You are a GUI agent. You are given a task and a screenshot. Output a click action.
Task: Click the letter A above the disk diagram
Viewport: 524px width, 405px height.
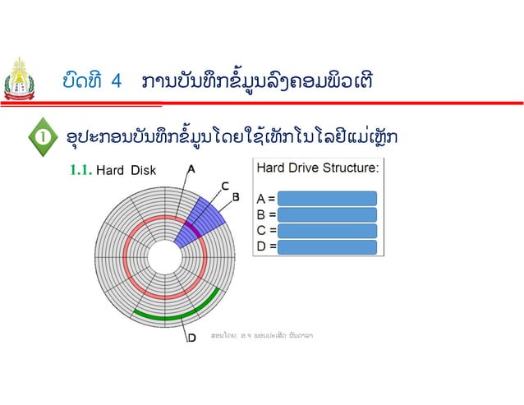[x=191, y=169]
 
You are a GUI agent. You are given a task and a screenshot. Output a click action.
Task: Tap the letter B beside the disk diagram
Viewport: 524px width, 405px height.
[x=235, y=197]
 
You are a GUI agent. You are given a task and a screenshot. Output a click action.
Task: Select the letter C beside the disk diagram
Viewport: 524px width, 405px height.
[x=223, y=186]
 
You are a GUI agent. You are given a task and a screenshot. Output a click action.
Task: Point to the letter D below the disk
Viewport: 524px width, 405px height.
[x=191, y=337]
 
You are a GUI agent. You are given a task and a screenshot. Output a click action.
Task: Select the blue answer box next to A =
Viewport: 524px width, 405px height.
[x=326, y=198]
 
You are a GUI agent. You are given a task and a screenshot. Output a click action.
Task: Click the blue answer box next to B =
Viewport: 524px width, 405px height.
[x=326, y=214]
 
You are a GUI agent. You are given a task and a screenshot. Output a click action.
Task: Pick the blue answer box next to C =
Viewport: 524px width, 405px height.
[x=326, y=230]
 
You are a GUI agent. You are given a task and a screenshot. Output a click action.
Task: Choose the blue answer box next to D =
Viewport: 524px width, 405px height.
[x=326, y=246]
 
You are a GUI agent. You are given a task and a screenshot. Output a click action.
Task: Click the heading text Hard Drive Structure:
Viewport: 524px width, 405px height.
[x=318, y=168]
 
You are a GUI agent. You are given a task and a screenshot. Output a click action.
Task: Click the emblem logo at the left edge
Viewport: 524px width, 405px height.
[x=19, y=83]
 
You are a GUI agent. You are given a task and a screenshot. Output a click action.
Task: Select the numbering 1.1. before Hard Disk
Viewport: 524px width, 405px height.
[x=80, y=171]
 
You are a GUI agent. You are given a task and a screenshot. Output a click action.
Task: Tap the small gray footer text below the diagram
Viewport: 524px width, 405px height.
[x=263, y=335]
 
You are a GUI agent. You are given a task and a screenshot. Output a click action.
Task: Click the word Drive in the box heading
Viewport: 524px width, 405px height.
[x=307, y=168]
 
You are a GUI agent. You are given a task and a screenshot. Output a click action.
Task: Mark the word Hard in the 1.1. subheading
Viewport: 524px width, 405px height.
[x=110, y=171]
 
